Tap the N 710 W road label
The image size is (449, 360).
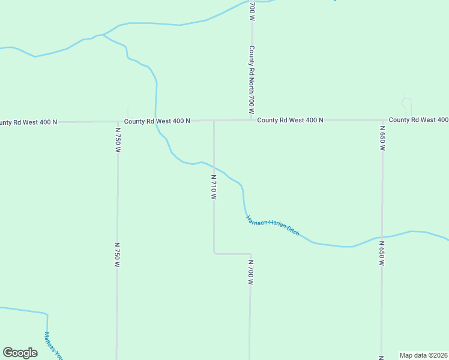tap(213, 187)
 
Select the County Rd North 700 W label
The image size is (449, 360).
tap(252, 80)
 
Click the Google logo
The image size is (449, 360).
tap(20, 353)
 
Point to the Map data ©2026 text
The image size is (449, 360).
tap(424, 355)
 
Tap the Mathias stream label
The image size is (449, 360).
tap(53, 346)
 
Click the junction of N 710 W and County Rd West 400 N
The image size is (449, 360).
tap(214, 120)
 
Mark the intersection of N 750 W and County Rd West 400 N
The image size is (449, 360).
tap(118, 121)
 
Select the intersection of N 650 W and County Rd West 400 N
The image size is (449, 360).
tap(382, 120)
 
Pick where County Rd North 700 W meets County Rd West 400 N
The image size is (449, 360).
tap(252, 120)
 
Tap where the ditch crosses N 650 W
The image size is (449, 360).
tap(382, 236)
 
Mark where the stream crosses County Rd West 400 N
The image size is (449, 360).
tap(155, 121)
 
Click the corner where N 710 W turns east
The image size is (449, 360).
tap(214, 253)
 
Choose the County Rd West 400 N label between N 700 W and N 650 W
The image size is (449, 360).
tap(291, 120)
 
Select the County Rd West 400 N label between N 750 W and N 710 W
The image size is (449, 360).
tap(157, 121)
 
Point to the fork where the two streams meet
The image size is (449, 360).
tap(103, 35)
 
